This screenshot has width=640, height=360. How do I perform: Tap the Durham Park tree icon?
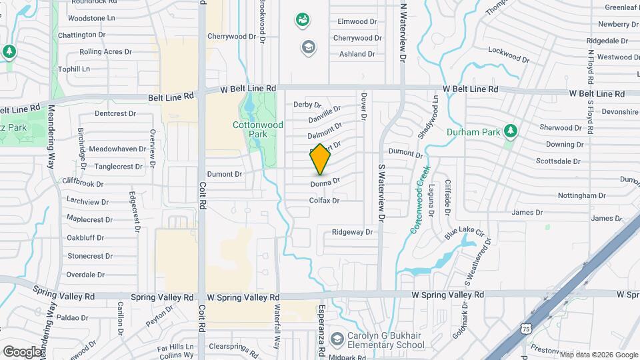point(511,131)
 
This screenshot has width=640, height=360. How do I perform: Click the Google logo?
point(22,351)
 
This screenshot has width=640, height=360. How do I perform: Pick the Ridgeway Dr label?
point(353,232)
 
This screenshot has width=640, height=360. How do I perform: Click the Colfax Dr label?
point(325,200)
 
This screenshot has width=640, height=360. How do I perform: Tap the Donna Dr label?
point(325,181)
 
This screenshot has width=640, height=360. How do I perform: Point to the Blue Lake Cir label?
point(464,233)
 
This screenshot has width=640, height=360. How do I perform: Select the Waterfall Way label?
point(276,328)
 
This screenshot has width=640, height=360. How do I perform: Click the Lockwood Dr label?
point(509,55)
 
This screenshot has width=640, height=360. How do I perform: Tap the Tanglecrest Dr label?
point(120,167)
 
